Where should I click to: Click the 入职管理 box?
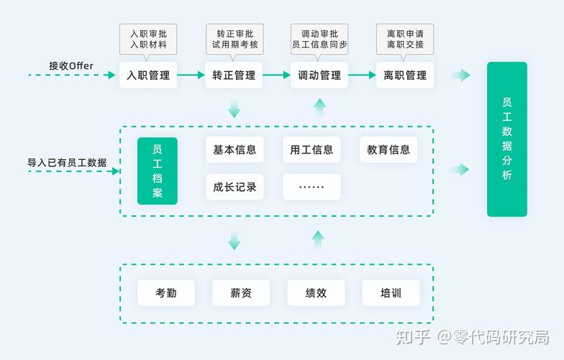[x=148, y=75]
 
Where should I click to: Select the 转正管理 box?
[x=234, y=75]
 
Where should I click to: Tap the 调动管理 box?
[x=319, y=75]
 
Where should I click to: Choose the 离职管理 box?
[x=405, y=75]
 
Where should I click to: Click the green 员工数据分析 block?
[x=507, y=139]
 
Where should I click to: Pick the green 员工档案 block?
[x=157, y=171]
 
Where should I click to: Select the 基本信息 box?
[x=235, y=150]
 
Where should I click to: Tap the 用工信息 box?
[x=311, y=150]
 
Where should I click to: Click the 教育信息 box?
[x=388, y=150]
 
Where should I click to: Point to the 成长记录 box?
[x=235, y=187]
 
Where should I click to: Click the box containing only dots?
[x=311, y=187]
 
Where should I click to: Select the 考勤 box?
[x=166, y=293]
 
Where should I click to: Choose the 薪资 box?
[x=241, y=293]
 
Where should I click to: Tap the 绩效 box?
[x=316, y=293]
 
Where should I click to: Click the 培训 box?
[x=391, y=293]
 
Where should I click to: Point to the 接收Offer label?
[x=71, y=66]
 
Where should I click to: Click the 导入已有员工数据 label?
[x=67, y=163]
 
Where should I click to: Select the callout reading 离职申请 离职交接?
[x=405, y=39]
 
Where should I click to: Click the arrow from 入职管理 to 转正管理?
[x=191, y=75]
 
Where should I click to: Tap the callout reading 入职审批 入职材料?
[x=148, y=39]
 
